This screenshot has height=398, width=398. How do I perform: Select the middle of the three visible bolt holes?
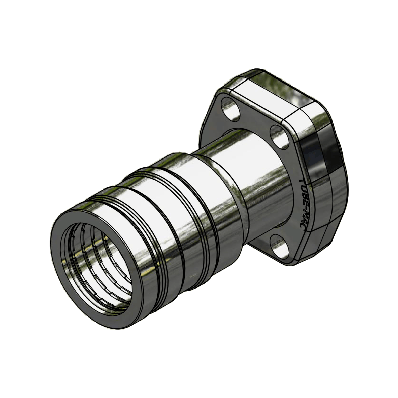point(279,136)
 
